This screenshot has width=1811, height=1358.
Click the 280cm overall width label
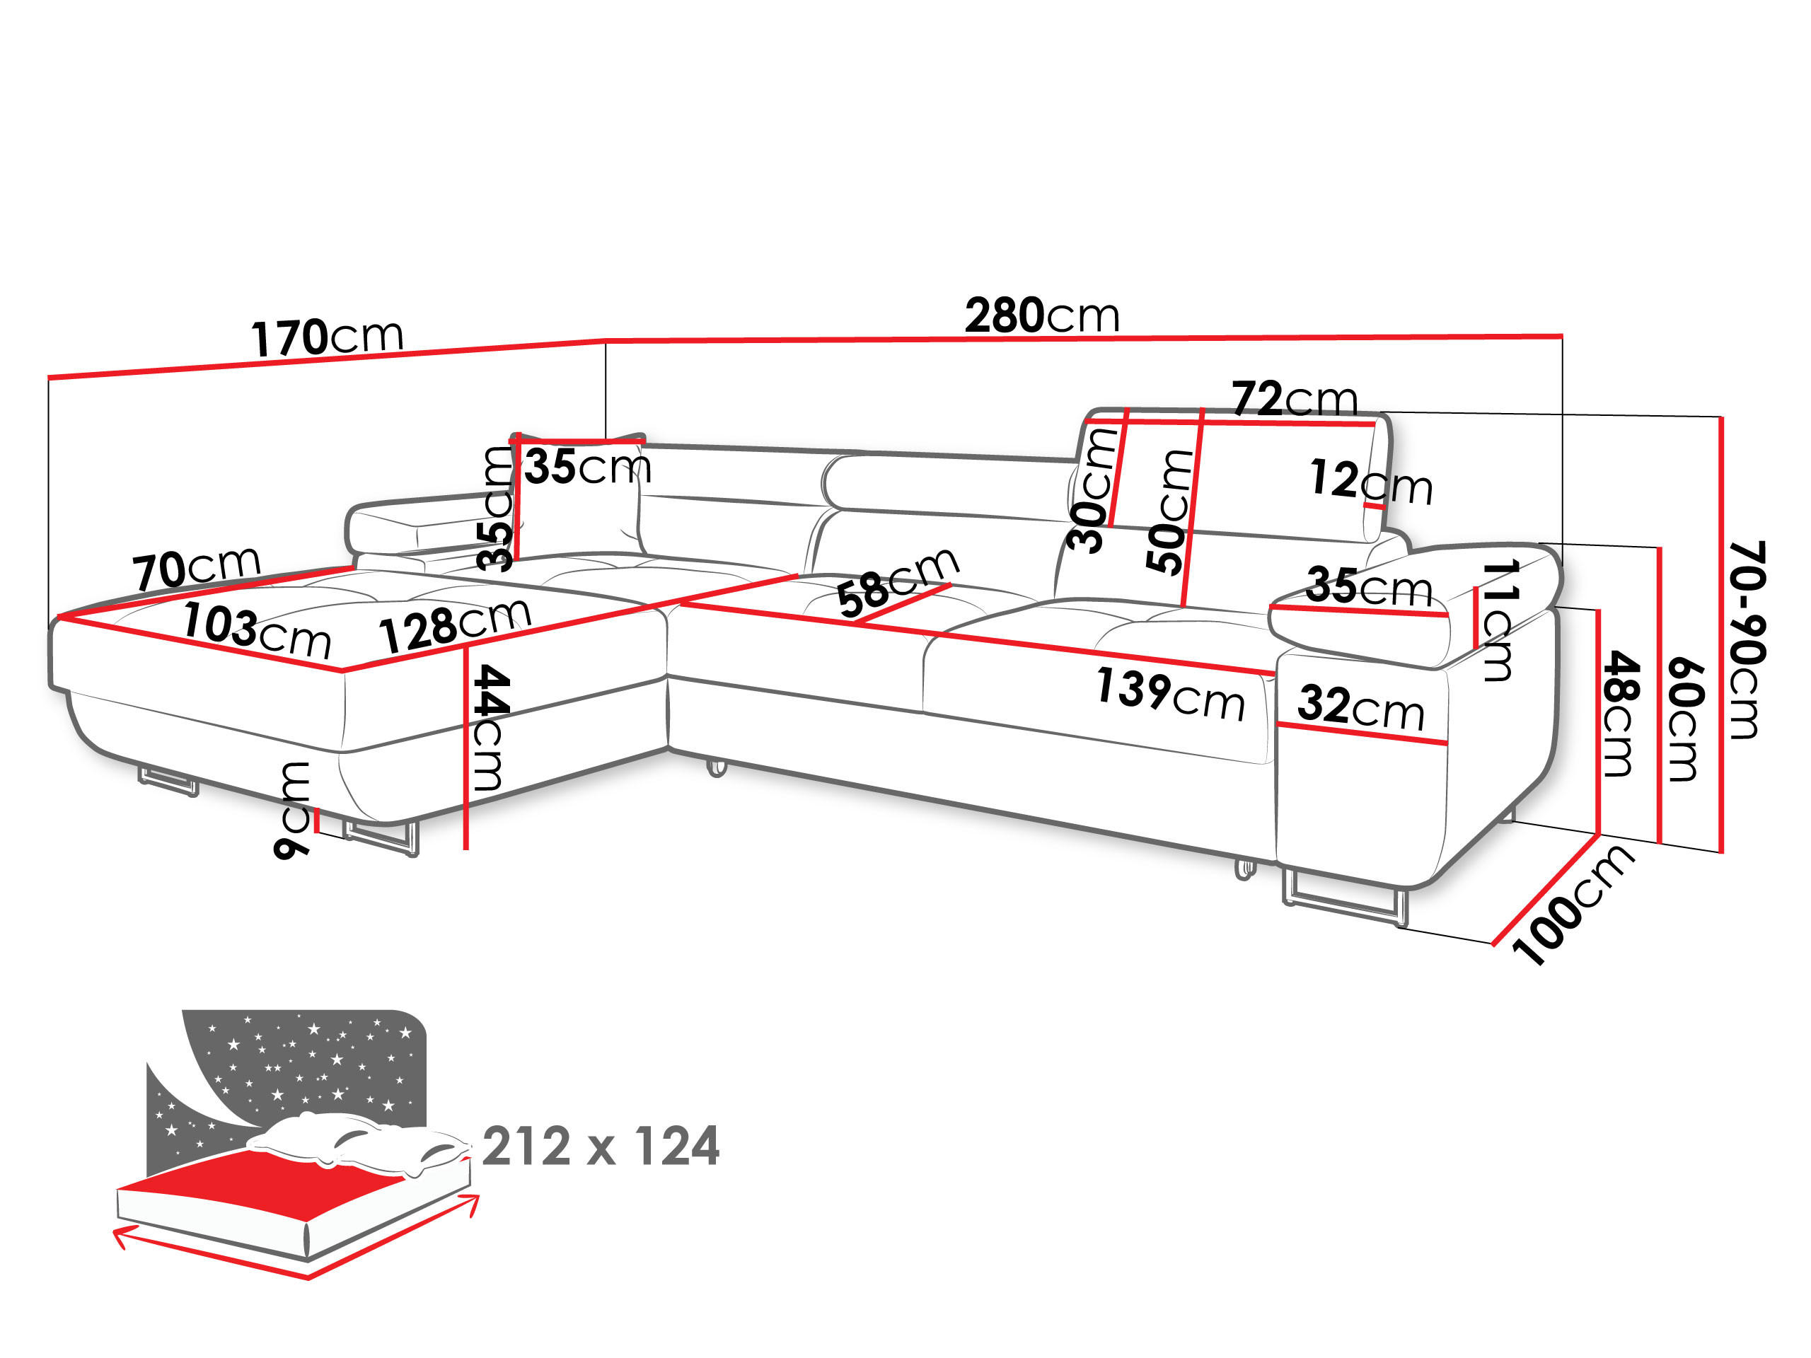click(x=1041, y=315)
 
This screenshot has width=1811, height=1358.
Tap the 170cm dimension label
click(x=327, y=337)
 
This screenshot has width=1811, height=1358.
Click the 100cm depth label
click(x=1571, y=905)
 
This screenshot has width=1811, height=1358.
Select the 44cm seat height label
click(x=490, y=728)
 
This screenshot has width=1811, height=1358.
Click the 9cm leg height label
click(x=292, y=808)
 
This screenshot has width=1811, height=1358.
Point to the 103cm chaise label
click(x=256, y=629)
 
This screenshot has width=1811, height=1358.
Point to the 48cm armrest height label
click(x=1619, y=714)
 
